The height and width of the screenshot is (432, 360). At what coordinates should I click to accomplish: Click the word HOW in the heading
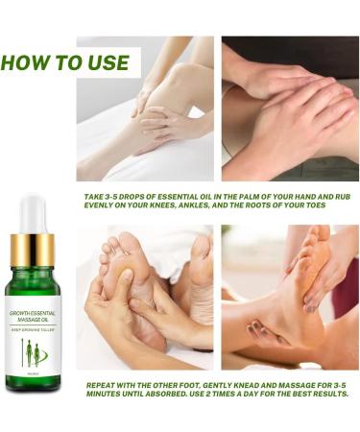click(28, 62)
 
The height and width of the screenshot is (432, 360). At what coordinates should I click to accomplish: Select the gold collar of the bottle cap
click(34, 249)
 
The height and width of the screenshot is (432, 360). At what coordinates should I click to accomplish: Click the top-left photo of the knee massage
click(145, 108)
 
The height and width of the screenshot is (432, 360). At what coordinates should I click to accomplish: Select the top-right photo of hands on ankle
click(290, 108)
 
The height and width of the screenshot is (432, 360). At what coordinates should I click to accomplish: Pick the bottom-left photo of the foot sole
click(145, 298)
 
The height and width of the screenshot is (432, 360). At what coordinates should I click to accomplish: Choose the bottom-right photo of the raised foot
click(290, 298)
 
